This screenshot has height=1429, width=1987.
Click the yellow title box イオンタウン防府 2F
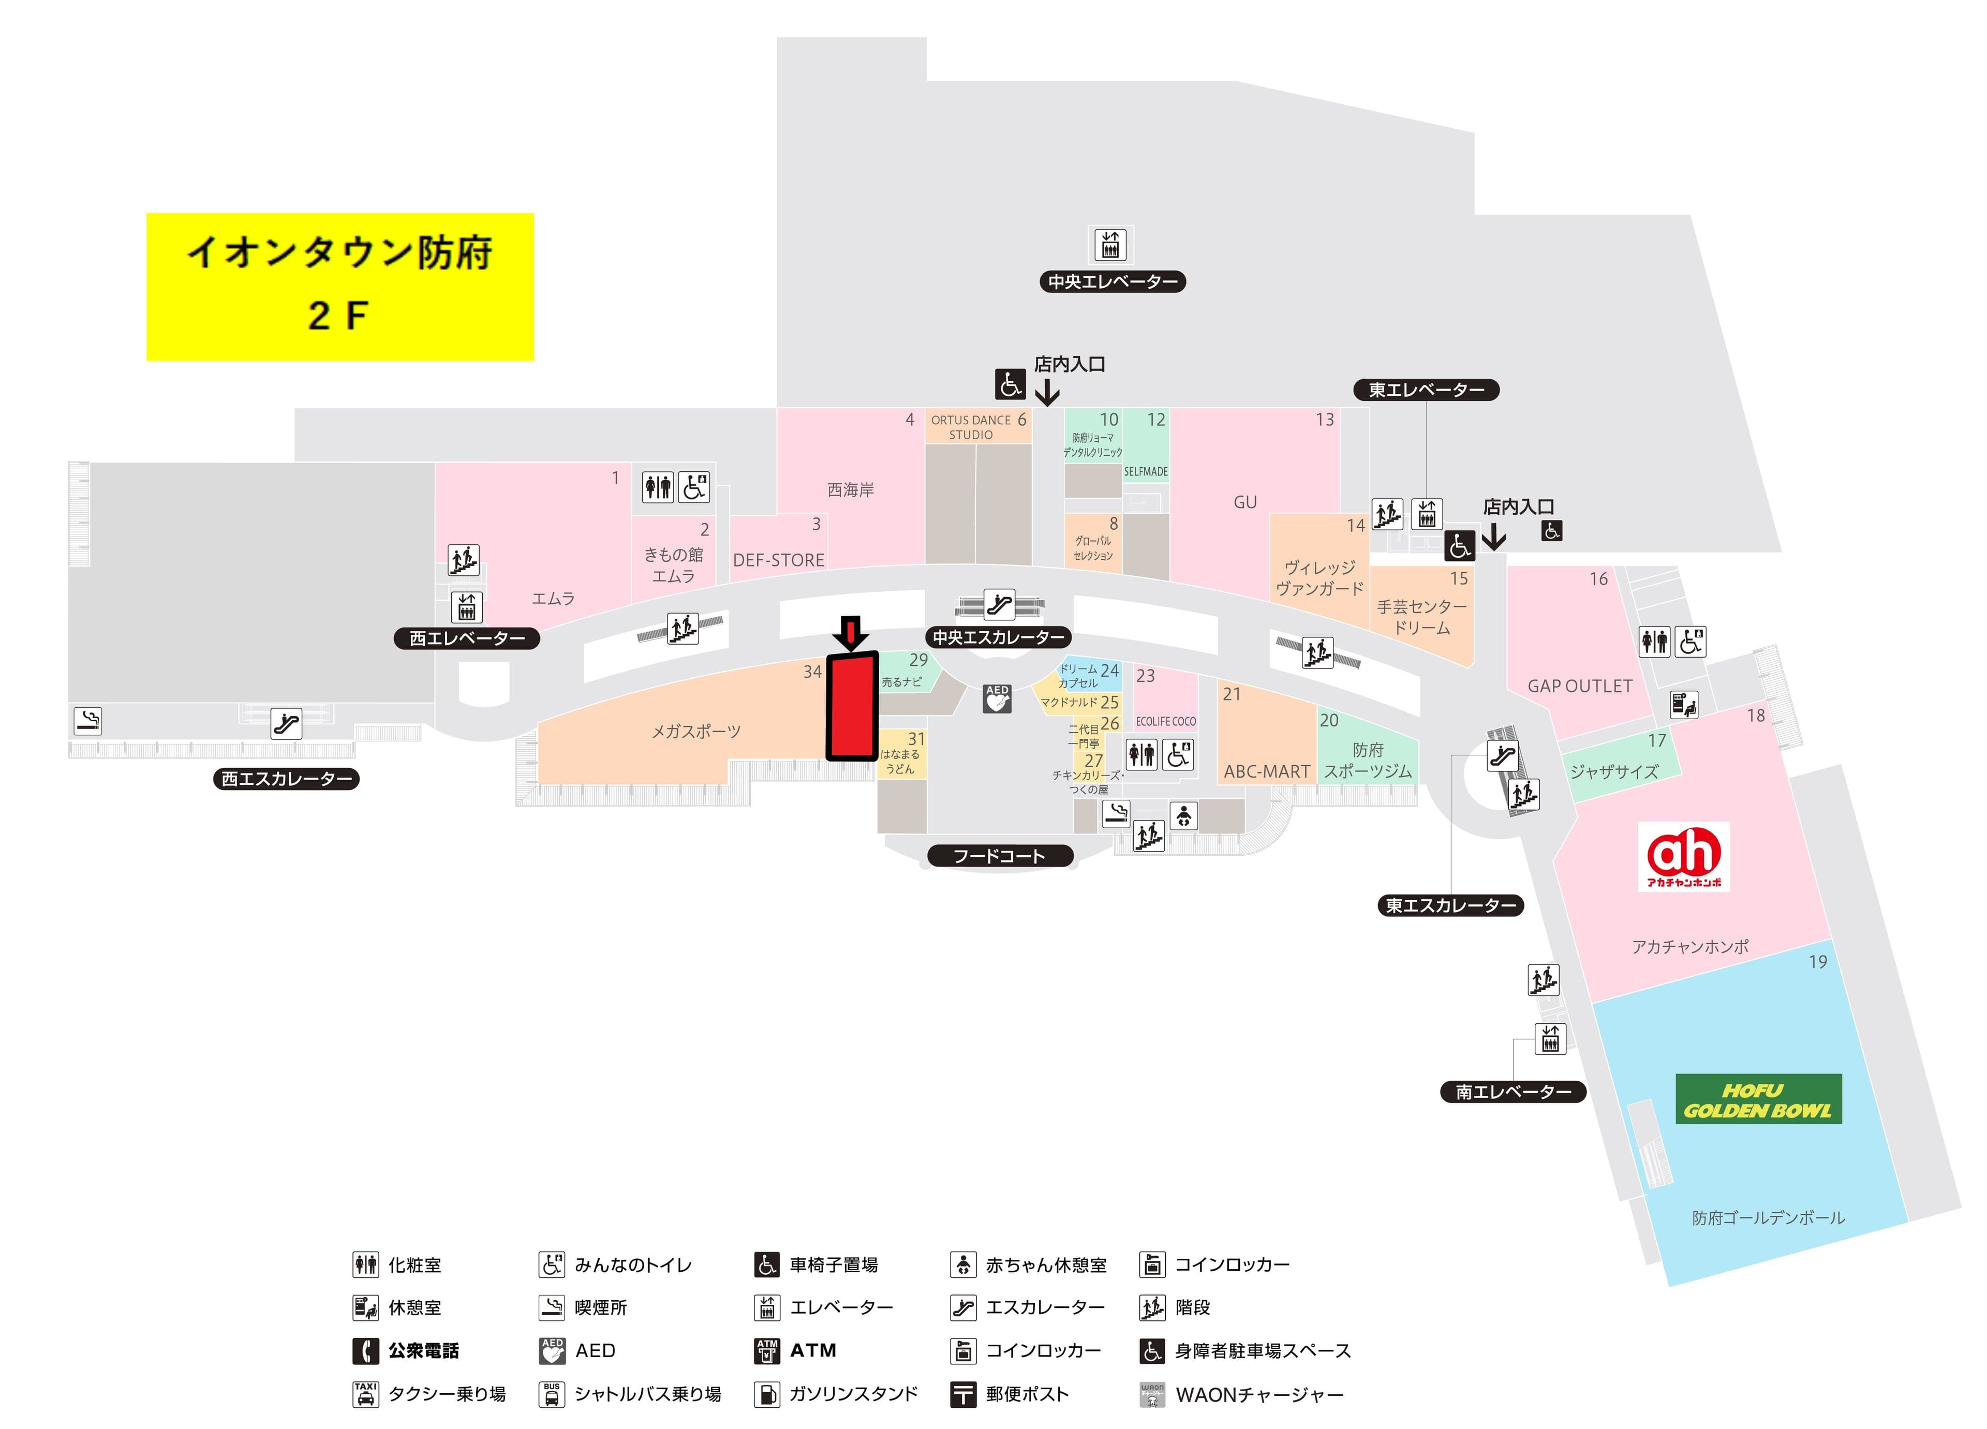tap(340, 287)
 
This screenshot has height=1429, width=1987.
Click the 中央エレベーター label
tap(1113, 282)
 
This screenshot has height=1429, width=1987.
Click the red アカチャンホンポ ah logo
tap(1683, 856)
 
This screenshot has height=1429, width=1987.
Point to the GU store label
tap(1245, 502)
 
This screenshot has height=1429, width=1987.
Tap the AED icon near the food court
tap(997, 698)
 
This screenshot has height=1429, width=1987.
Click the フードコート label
tap(1000, 856)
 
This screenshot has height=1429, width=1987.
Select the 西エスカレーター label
tap(287, 779)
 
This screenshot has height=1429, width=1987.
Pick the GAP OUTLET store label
tap(1580, 686)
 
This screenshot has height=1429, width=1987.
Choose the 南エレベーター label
tap(1513, 1092)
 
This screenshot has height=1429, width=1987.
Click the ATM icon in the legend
tap(766, 1351)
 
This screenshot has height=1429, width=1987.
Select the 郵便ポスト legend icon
tap(963, 1394)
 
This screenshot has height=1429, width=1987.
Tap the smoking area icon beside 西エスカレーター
tap(87, 720)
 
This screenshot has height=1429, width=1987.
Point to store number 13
tap(1325, 420)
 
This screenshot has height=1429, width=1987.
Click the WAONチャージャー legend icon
tap(1152, 1394)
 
